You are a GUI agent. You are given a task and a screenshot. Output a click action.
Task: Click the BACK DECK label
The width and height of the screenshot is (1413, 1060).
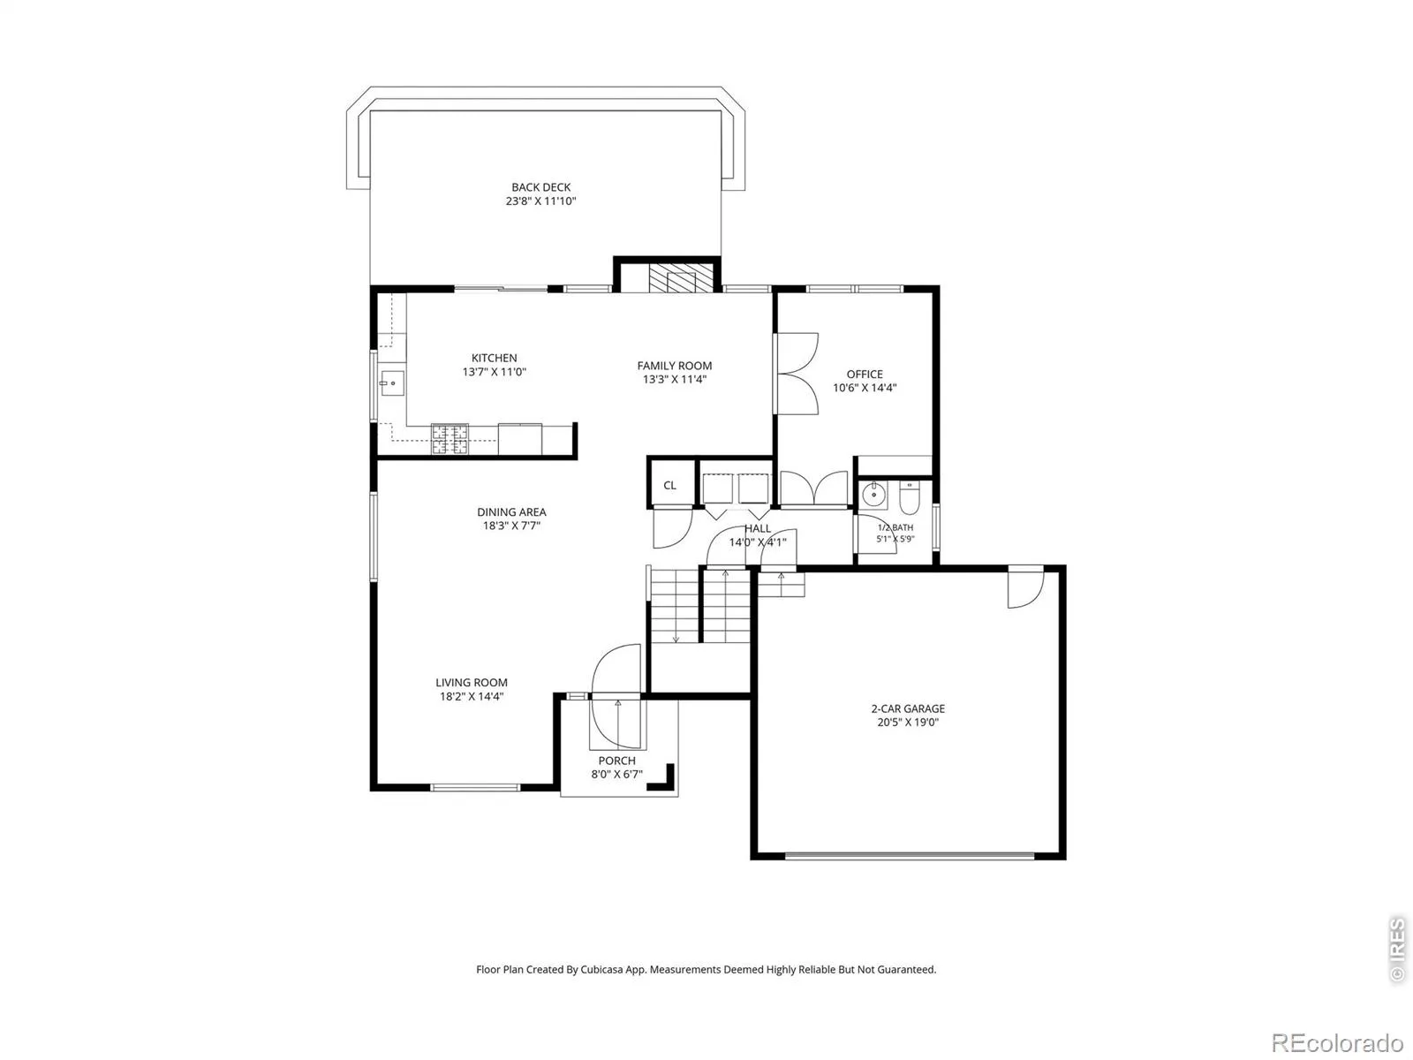(x=540, y=187)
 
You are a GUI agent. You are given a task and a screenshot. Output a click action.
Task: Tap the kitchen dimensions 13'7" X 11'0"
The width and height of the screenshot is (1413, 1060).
(x=495, y=372)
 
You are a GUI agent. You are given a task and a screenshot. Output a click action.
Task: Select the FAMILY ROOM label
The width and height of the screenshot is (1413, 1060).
(x=675, y=366)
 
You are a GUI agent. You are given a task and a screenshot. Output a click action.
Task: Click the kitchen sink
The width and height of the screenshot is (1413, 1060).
(x=391, y=383)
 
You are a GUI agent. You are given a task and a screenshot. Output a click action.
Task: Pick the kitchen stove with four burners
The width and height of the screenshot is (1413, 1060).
(x=450, y=440)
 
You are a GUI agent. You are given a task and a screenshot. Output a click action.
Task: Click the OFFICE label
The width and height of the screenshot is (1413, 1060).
(x=865, y=374)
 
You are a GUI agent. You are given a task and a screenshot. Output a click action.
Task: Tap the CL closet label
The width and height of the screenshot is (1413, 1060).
(x=669, y=485)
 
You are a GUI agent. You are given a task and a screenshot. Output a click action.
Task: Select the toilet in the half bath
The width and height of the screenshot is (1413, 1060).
(x=910, y=498)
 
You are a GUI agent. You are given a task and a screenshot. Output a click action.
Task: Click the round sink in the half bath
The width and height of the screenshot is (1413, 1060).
(x=873, y=495)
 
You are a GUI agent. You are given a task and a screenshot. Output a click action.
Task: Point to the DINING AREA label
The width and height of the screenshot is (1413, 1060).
(x=511, y=512)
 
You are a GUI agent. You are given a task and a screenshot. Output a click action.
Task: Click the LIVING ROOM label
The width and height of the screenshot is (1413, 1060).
(x=472, y=683)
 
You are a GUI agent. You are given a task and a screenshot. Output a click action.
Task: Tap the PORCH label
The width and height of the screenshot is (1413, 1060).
(x=616, y=761)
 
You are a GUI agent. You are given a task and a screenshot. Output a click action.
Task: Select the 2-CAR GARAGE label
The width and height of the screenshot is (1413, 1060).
(x=909, y=708)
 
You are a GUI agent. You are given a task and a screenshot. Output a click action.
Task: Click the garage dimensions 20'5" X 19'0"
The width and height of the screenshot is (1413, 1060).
(x=909, y=722)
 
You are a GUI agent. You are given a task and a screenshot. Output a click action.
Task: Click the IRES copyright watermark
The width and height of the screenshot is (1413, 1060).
(x=1397, y=950)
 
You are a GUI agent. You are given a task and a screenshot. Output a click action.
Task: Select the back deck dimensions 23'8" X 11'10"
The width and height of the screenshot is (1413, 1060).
(x=540, y=201)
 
